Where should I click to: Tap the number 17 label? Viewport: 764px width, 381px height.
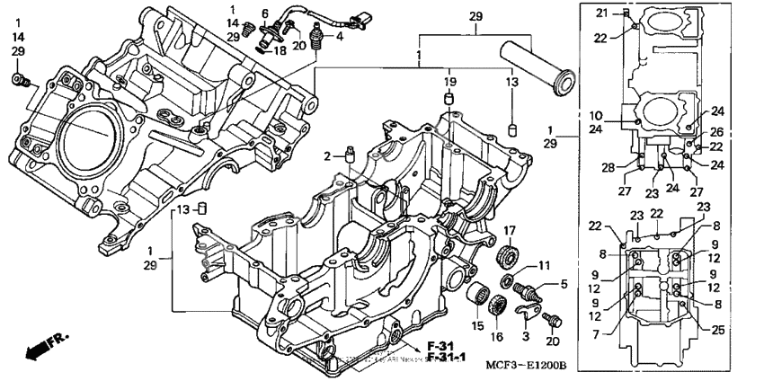coord(509,230)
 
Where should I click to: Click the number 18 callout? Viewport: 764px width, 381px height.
coord(280,52)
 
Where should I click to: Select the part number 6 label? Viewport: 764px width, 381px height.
coord(264,13)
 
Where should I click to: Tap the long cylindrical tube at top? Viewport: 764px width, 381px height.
coord(536,67)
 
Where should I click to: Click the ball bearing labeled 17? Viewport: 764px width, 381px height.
coord(508,255)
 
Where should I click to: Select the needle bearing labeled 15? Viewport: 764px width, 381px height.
coord(477,298)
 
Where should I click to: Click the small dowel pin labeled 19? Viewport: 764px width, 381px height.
coord(449,97)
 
